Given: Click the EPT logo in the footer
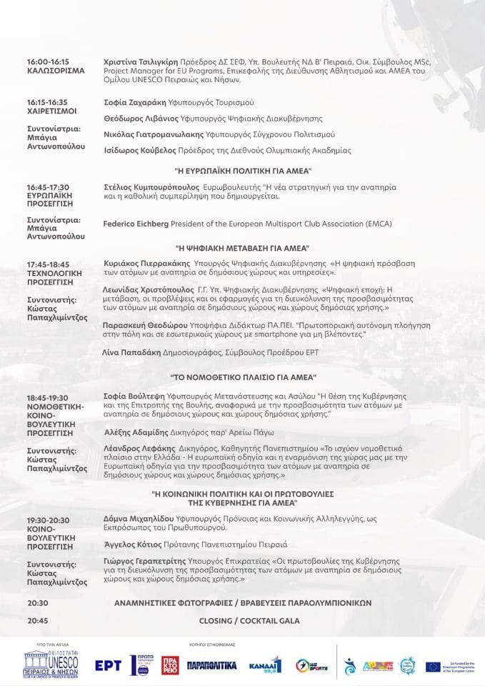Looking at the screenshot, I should (108, 665).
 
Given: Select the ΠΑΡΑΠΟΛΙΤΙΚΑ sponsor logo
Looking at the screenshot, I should (211, 665).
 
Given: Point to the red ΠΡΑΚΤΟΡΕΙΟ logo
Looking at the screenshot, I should (170, 665).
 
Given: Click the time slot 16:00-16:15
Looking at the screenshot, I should (48, 62).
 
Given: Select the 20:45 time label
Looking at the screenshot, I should (38, 621).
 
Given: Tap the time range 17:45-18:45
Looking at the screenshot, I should (49, 264).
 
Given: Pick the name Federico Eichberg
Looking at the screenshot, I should (136, 224).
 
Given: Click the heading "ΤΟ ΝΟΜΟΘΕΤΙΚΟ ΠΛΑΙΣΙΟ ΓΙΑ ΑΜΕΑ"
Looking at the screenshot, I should (243, 377).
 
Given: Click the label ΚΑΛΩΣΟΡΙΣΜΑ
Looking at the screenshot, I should (56, 71).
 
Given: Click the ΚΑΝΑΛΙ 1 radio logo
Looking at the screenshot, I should (264, 665).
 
